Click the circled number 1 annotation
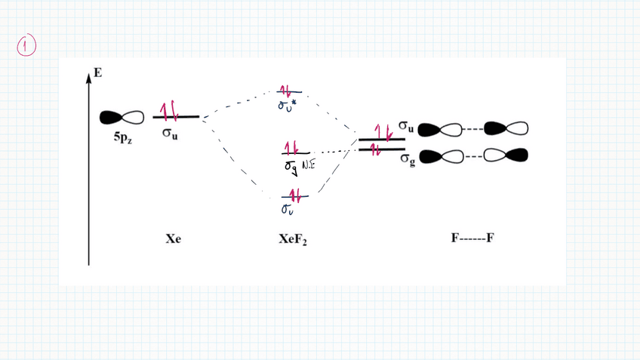(x=26, y=46)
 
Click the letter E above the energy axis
(x=97, y=73)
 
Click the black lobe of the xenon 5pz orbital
(x=111, y=117)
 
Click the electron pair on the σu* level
(x=288, y=90)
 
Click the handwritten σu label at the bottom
(x=288, y=208)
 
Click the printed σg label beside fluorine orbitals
(x=408, y=160)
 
